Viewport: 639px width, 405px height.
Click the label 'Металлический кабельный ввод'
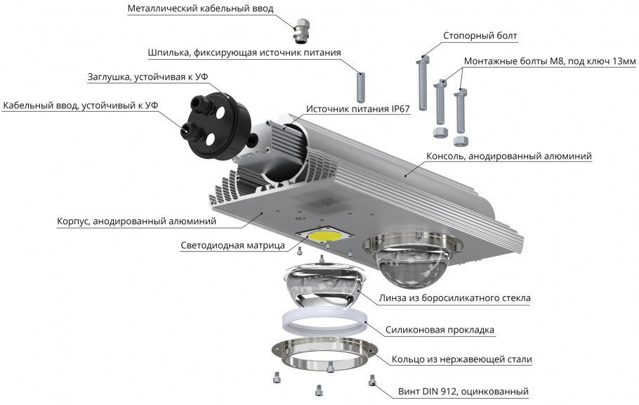point(200,8)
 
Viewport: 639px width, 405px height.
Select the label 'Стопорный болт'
point(481,35)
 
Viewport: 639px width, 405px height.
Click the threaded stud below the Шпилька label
point(361,87)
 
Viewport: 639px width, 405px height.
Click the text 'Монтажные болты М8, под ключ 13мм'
point(550,62)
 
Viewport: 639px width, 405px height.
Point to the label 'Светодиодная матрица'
point(232,245)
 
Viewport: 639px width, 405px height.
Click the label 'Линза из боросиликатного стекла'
point(454,298)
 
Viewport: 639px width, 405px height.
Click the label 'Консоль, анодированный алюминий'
point(509,155)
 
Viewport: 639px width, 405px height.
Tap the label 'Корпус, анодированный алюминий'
point(136,221)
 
